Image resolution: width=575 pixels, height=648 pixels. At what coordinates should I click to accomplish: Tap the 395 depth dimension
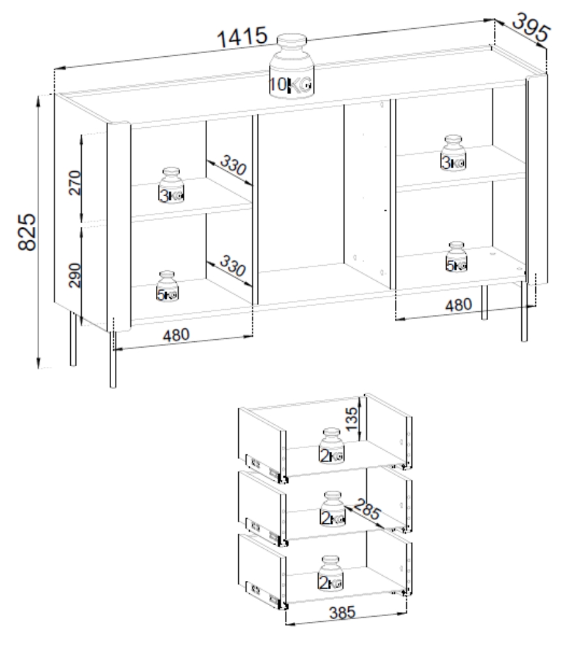coord(531,27)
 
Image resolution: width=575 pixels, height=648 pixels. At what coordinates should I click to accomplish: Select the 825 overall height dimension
coord(27,232)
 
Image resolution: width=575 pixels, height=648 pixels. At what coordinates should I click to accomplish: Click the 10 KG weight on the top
coord(291,66)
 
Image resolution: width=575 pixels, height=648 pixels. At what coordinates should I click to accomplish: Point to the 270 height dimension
coord(75,182)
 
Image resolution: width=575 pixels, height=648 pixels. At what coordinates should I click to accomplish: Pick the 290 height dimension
coord(75,275)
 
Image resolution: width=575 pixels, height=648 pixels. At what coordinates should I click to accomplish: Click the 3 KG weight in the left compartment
coord(171,185)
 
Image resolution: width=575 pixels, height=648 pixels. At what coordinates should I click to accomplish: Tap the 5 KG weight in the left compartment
coord(167,286)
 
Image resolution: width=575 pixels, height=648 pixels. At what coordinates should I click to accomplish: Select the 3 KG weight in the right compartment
coord(453,153)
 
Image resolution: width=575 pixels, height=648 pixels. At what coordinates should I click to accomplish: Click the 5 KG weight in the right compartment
coord(456,257)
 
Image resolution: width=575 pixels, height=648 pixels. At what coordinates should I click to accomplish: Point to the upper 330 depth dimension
coord(233,164)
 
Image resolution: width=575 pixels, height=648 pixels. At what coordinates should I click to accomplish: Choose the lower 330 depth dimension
coord(233,265)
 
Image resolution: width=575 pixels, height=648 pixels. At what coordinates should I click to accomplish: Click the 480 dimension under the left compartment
coord(176,334)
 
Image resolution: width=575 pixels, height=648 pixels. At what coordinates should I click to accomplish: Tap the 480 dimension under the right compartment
coord(459,305)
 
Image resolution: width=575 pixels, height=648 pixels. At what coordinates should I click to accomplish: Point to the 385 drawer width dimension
coord(342,612)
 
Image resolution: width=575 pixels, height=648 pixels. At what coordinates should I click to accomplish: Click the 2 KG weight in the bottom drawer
coord(331,573)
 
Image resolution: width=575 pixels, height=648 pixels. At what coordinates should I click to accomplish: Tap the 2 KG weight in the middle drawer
coord(332,509)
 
